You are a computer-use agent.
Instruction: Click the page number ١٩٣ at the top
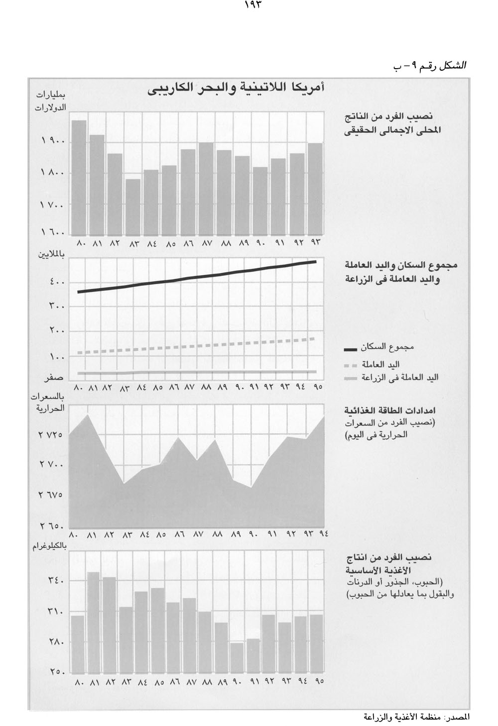[253, 5]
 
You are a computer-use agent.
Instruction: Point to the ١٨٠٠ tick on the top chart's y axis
[51, 174]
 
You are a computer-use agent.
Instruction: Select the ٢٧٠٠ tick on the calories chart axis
[51, 466]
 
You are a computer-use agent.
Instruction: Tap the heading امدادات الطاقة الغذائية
[391, 412]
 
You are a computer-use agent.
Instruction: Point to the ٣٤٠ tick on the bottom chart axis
[56, 581]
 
